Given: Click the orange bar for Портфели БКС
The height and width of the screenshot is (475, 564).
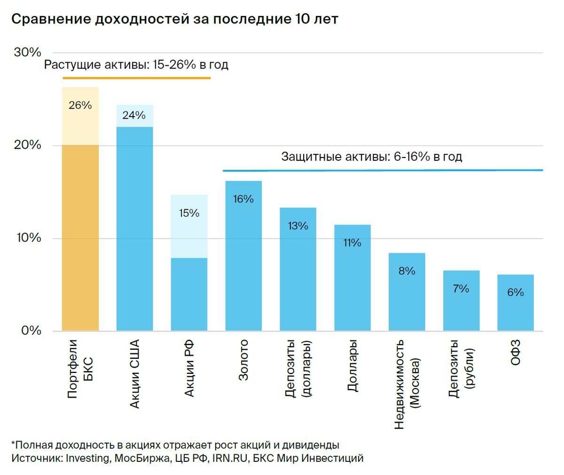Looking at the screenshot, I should [x=80, y=235].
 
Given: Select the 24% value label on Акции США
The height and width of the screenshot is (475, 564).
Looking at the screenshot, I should [x=134, y=115].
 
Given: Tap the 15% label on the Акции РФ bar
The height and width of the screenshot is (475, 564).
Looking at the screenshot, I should [x=189, y=213].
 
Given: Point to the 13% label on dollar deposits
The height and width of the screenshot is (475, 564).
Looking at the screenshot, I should [x=298, y=226].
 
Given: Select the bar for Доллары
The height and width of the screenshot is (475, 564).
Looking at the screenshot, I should [x=352, y=282].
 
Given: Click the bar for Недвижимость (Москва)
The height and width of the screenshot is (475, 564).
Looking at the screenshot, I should [x=407, y=296].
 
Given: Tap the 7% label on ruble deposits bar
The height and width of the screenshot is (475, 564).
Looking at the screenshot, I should [x=461, y=288].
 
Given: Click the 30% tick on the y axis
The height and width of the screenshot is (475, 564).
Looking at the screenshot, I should [x=28, y=52].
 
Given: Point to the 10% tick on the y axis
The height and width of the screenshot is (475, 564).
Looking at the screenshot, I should [x=29, y=238].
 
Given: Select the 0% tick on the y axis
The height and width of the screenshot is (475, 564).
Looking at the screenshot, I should [x=31, y=331].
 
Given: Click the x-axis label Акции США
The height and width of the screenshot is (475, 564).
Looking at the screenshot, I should [x=134, y=373].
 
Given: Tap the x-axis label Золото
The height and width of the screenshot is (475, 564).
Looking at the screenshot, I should [x=243, y=360].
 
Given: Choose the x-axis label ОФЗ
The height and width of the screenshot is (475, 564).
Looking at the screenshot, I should [x=516, y=353].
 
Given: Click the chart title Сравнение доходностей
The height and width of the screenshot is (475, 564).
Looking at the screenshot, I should [x=174, y=19].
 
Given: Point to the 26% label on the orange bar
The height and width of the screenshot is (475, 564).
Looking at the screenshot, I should [x=80, y=105].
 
